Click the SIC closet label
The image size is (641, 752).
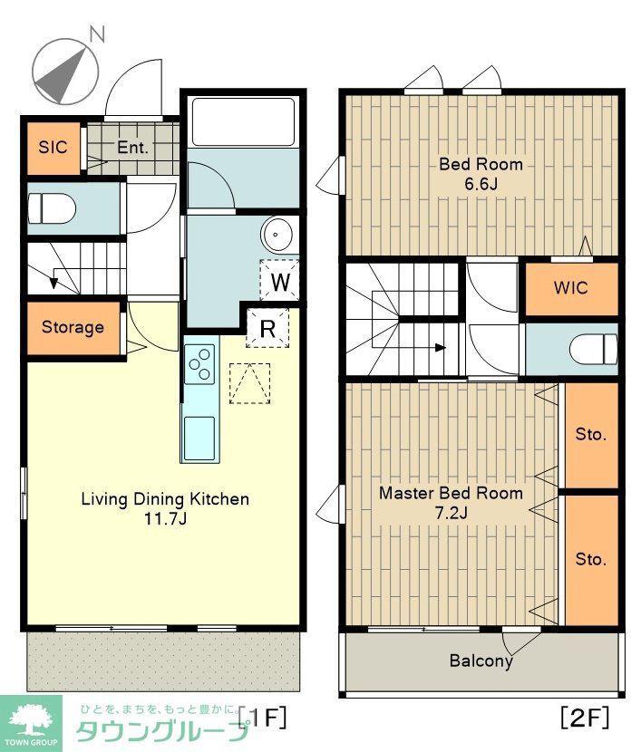(53, 147)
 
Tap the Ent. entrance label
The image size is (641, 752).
(133, 148)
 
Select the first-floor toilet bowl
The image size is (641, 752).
(52, 208)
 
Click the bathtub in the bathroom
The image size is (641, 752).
(242, 121)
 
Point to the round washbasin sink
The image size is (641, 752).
(277, 235)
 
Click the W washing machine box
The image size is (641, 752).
(280, 281)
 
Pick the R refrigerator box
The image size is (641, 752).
(267, 329)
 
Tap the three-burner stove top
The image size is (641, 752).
(199, 364)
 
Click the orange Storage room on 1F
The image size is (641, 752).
(73, 328)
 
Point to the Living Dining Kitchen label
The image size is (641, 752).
(165, 499)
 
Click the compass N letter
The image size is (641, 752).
(97, 34)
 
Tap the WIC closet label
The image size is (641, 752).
(570, 288)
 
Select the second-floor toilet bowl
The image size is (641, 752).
(594, 349)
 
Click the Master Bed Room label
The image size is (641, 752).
(451, 493)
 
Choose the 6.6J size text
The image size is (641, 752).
(481, 184)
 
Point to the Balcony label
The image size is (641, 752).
(481, 660)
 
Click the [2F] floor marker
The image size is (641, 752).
(585, 718)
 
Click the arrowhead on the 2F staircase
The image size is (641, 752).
(441, 348)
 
